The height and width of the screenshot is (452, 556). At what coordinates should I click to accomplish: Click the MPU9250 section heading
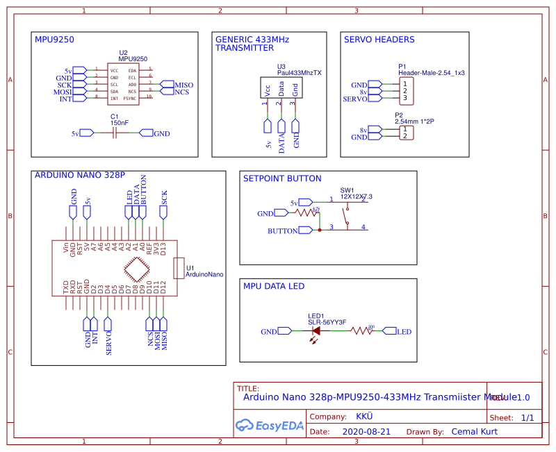58,40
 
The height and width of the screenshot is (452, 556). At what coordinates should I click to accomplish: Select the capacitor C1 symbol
114,133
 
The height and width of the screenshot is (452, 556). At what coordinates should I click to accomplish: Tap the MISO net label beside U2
183,85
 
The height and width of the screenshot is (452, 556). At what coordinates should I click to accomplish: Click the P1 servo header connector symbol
404,90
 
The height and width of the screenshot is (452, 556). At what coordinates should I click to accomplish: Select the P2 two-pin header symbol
404,132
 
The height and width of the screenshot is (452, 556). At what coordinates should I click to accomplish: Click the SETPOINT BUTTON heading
282,178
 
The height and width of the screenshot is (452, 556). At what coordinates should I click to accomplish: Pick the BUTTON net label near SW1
283,230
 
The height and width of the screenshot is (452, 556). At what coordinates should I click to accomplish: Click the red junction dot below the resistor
320,228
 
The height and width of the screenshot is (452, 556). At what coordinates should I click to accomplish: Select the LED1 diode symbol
316,332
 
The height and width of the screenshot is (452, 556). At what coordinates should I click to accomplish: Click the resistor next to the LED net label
362,332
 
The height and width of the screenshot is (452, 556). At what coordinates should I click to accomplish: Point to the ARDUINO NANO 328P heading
80,176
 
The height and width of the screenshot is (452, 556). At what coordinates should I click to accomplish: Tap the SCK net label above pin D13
164,198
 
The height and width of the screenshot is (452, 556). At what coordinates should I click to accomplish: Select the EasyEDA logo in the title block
270,425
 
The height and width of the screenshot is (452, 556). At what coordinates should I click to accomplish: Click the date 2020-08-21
367,431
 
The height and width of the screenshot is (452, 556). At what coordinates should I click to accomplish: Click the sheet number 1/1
528,418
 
